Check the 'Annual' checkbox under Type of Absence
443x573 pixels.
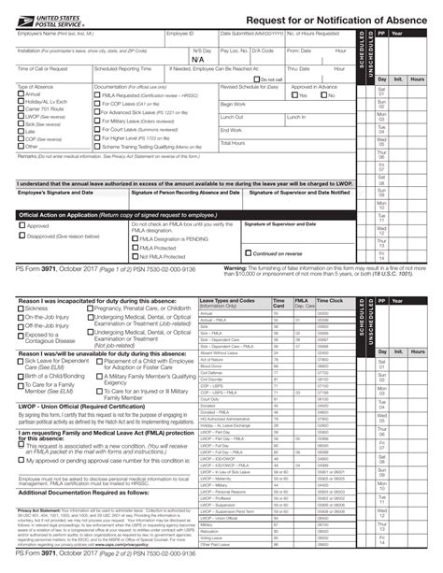(x=21, y=94)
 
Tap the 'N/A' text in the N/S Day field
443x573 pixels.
(x=197, y=59)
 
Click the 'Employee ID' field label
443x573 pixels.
(x=179, y=35)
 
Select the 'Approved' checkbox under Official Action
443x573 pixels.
(x=22, y=225)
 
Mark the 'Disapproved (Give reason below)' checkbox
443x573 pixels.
(x=22, y=236)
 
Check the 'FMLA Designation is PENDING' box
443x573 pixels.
(x=135, y=238)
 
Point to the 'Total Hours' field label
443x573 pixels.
(x=232, y=143)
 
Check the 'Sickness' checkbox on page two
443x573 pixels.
(x=21, y=308)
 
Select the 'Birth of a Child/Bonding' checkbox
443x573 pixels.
(x=21, y=376)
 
